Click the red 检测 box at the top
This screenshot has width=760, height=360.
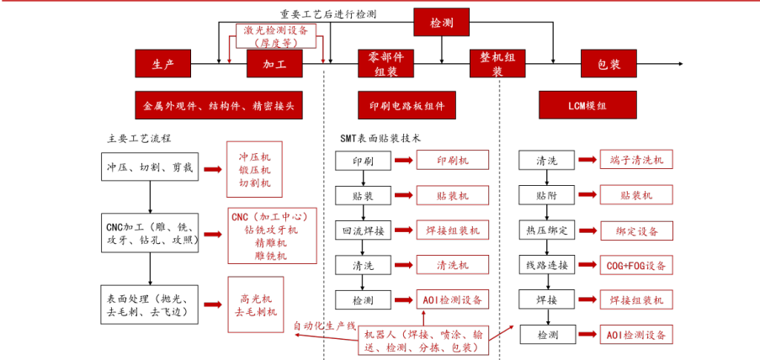441,23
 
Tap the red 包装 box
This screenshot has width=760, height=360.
609,64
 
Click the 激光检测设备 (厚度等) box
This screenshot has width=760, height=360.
275,36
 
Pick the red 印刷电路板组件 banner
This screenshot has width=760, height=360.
407,106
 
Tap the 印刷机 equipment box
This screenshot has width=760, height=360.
452,160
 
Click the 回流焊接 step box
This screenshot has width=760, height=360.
364,230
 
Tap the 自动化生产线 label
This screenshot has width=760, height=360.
325,326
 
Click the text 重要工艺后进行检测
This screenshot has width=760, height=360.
328,14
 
